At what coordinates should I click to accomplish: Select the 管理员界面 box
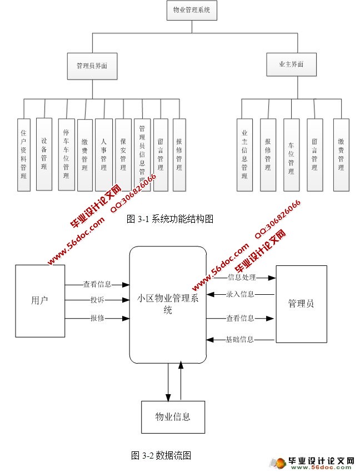(x=92, y=65)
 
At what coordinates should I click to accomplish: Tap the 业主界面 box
(x=292, y=64)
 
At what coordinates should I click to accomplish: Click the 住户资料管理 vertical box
(x=23, y=154)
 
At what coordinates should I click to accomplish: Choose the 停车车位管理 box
(x=66, y=154)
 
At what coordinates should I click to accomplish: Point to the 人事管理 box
(x=103, y=154)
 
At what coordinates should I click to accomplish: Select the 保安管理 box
(x=123, y=154)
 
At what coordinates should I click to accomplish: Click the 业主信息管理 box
(x=244, y=154)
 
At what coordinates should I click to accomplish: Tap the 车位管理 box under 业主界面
(x=291, y=154)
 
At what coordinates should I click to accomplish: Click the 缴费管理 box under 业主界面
(x=341, y=154)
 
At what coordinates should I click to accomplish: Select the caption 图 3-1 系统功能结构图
(x=170, y=219)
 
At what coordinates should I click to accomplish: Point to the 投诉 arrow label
(x=97, y=300)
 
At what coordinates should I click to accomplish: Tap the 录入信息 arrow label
(x=241, y=294)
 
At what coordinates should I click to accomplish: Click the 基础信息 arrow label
(x=240, y=339)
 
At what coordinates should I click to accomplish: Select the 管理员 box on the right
(x=301, y=304)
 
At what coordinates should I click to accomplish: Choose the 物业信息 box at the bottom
(x=173, y=416)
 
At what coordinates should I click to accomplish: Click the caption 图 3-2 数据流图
(x=161, y=455)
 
